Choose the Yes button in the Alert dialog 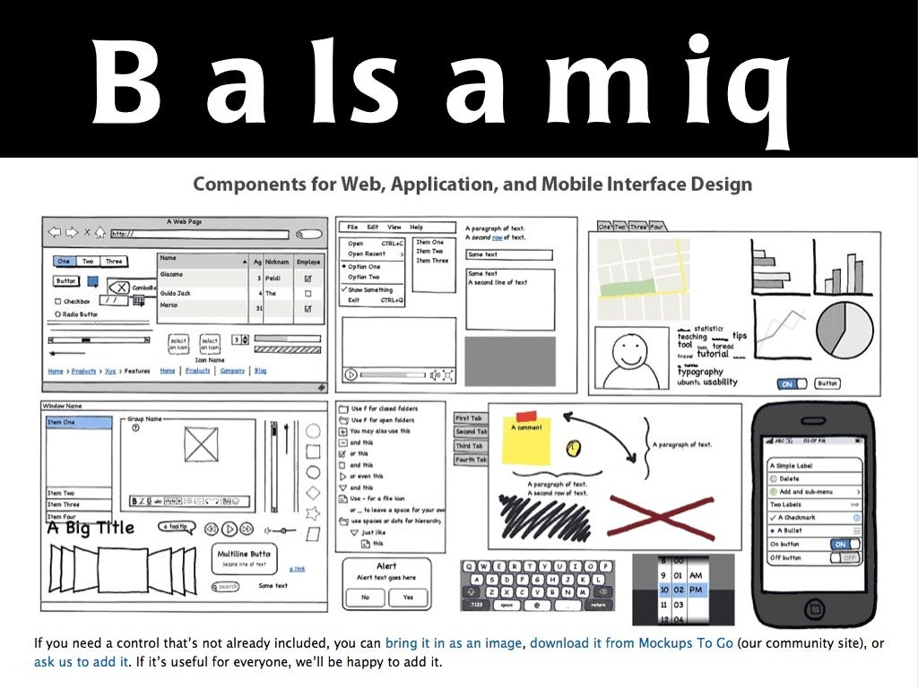coord(409,598)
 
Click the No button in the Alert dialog coord(365,598)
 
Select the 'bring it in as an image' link coord(456,643)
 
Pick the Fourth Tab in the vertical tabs coord(471,460)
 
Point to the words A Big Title coord(91,528)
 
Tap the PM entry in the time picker coord(696,589)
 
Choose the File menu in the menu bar coord(352,228)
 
